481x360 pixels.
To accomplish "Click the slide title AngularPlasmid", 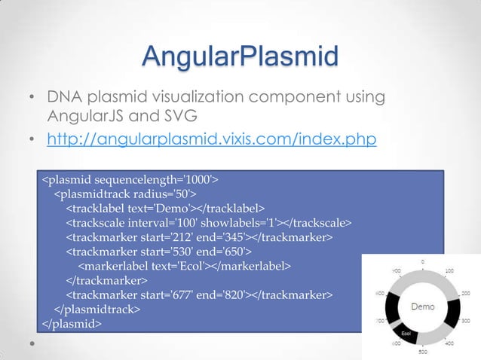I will [x=240, y=56].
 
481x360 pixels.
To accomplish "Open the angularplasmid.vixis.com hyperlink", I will [x=212, y=140].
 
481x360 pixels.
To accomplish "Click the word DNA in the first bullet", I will [x=66, y=98].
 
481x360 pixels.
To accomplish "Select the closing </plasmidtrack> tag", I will [x=97, y=309].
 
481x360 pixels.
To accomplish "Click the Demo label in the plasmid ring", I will [x=421, y=307].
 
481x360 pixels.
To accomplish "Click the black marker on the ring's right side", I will [x=450, y=308].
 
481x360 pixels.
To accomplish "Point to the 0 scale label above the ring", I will [x=422, y=261].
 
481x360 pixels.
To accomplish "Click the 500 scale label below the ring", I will [x=423, y=352].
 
